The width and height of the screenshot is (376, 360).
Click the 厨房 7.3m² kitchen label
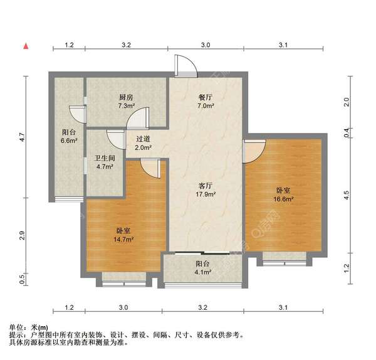coord(127,102)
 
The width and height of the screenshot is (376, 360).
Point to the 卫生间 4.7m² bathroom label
coord(103,162)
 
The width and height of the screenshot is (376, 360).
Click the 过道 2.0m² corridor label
coord(142,142)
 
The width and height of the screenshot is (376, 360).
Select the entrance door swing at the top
coord(184,66)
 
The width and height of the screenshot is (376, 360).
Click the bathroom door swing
coord(116,139)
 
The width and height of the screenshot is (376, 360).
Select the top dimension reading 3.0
coord(205,45)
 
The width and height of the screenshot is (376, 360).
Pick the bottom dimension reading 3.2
coord(202,308)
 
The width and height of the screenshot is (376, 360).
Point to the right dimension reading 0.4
coord(347,132)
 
